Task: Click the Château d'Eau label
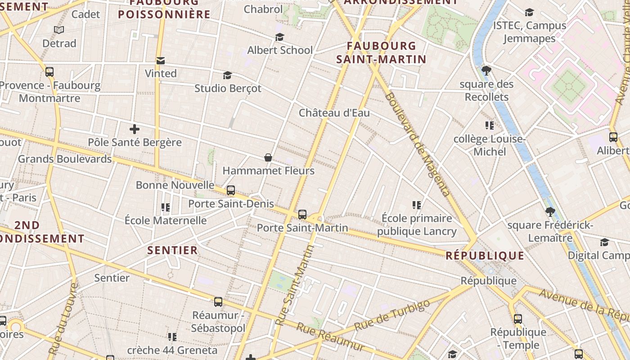[334, 112]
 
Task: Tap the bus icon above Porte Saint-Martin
[302, 215]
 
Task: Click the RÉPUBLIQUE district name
[485, 256]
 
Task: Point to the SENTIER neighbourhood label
[173, 250]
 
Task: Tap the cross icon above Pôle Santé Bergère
[134, 130]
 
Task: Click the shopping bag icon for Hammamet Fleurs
[268, 157]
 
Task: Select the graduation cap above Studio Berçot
[227, 75]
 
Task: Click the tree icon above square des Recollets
[486, 71]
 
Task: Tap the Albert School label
[280, 50]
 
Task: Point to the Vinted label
[161, 73]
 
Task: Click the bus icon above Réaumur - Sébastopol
[218, 302]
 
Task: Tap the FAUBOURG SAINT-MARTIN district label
[381, 52]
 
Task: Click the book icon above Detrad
[59, 30]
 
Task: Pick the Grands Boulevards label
[65, 159]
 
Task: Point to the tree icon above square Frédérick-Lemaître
[549, 211]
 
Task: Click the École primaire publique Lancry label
[417, 225]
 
